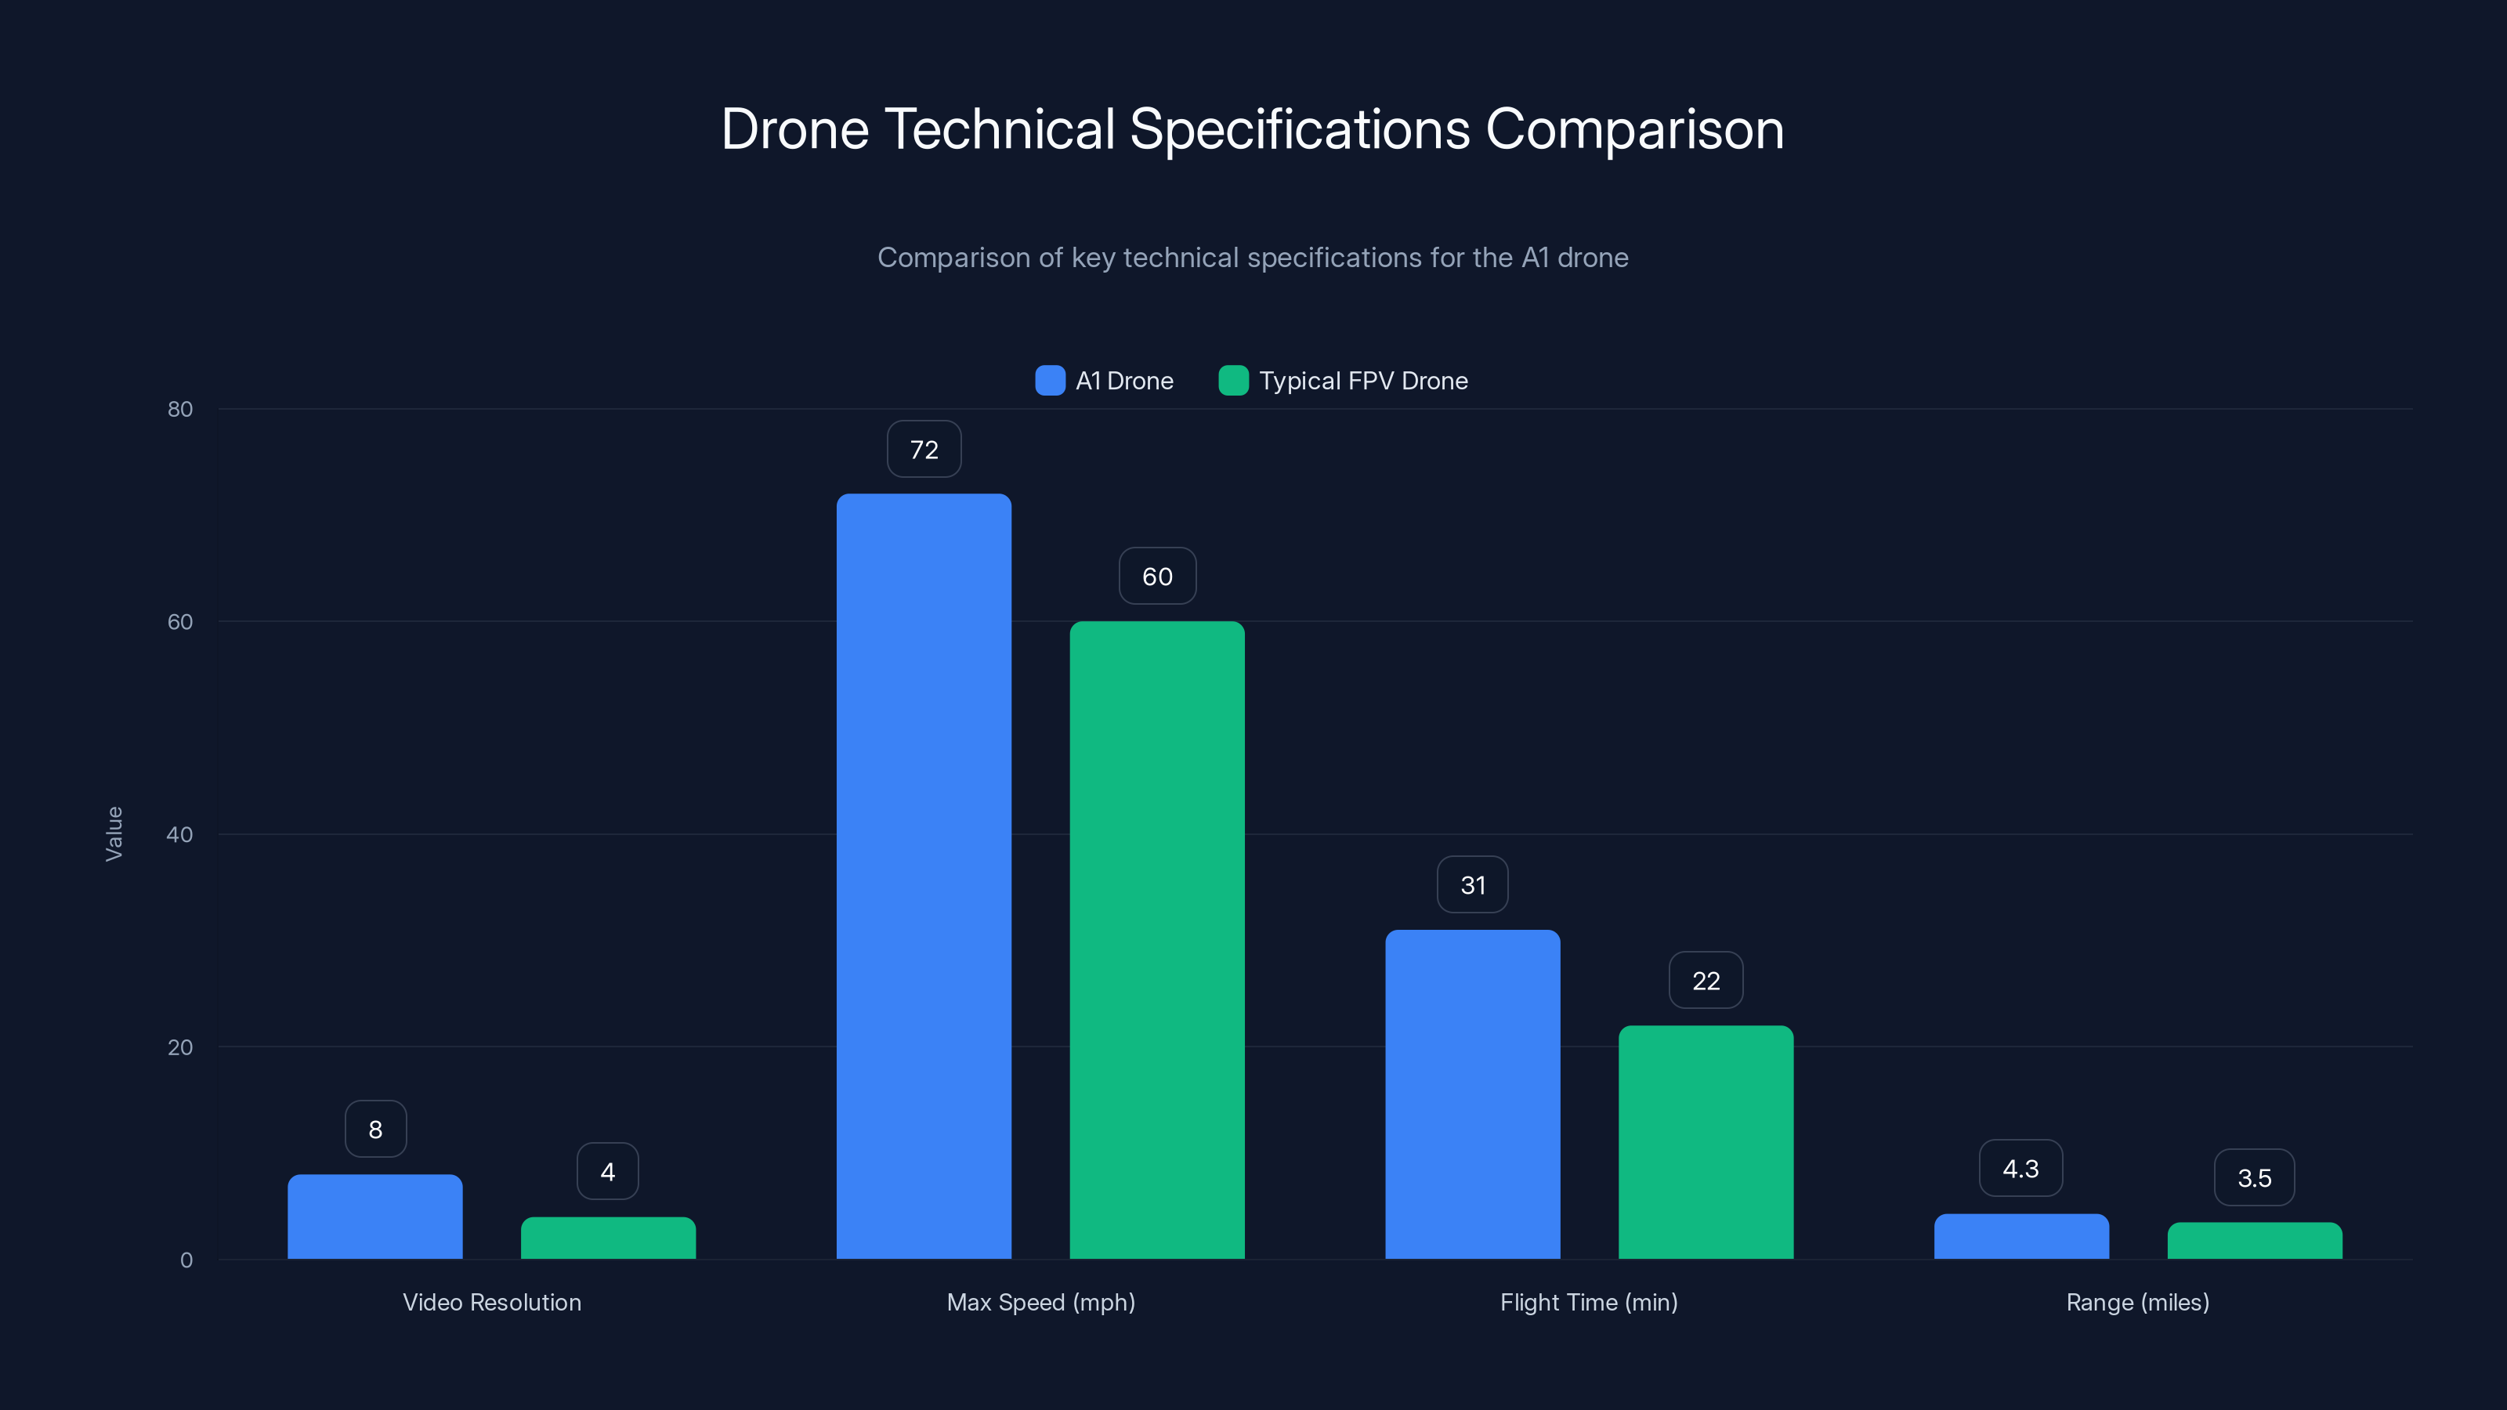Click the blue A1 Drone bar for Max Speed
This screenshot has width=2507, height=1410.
coord(924,876)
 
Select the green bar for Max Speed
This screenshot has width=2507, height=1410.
coord(1157,940)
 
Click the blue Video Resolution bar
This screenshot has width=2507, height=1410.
coord(374,1217)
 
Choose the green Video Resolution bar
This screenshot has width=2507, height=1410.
coord(608,1238)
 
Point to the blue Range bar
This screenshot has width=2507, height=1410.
coord(2021,1236)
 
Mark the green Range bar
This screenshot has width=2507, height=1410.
coord(2254,1241)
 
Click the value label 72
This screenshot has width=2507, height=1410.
coord(924,450)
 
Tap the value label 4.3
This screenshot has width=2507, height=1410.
coord(2020,1169)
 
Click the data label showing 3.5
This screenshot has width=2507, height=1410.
coord(2254,1178)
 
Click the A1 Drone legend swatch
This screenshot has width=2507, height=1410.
coord(1050,381)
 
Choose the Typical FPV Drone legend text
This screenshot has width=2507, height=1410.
coord(1362,381)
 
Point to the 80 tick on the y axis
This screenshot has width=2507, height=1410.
coord(180,409)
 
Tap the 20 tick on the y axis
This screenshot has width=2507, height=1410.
coord(180,1047)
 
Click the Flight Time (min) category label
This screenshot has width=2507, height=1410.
coord(1588,1302)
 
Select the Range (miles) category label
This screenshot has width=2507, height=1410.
coord(2137,1302)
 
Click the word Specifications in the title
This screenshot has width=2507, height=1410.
coord(1299,129)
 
